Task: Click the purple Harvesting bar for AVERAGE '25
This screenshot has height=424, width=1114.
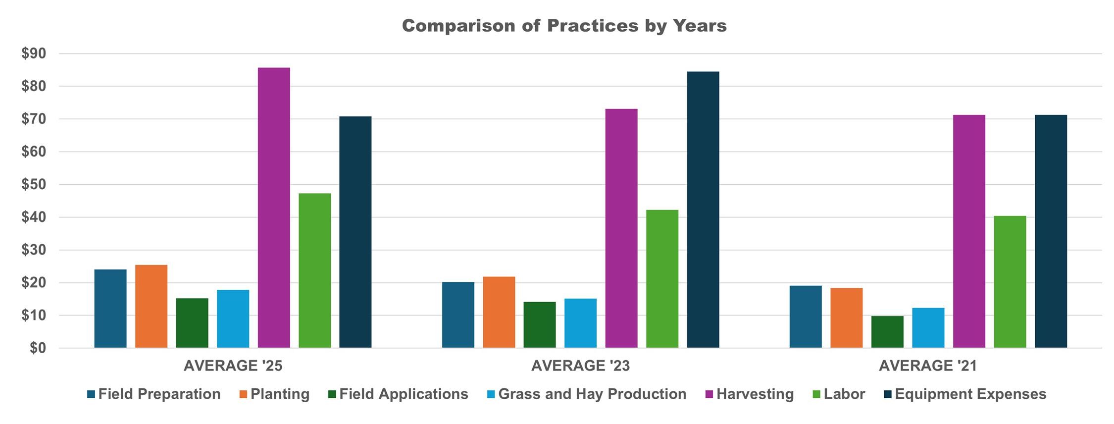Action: pyautogui.click(x=274, y=208)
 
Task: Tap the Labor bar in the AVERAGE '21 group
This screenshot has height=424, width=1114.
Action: pyautogui.click(x=1010, y=282)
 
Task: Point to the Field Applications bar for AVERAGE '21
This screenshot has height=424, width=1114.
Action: pyautogui.click(x=887, y=332)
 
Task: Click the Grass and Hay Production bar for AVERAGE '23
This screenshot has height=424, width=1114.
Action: pyautogui.click(x=580, y=323)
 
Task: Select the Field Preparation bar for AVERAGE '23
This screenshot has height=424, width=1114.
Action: pyautogui.click(x=458, y=315)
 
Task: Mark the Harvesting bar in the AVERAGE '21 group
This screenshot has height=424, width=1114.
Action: pyautogui.click(x=969, y=231)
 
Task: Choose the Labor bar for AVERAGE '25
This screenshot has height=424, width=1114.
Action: pyautogui.click(x=315, y=270)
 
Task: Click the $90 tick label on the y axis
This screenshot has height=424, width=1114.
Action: pyautogui.click(x=33, y=53)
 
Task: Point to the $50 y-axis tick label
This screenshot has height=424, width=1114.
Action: pyautogui.click(x=33, y=185)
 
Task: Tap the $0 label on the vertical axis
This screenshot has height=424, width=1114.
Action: pyautogui.click(x=37, y=348)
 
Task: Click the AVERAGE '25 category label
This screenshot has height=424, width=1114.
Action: pyautogui.click(x=233, y=366)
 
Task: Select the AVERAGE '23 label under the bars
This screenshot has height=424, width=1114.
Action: pyautogui.click(x=580, y=366)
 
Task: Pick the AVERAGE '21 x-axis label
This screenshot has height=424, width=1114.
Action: pyautogui.click(x=928, y=366)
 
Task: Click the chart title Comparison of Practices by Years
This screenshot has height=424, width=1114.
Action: pyautogui.click(x=564, y=26)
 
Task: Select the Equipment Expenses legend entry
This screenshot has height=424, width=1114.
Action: pyautogui.click(x=970, y=394)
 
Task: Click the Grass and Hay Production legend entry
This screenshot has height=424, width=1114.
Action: pyautogui.click(x=592, y=394)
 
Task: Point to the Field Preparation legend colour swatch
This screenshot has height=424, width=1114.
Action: pyautogui.click(x=91, y=395)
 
